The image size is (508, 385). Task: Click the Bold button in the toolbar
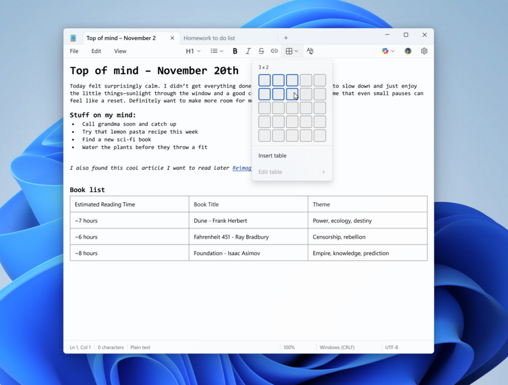235,51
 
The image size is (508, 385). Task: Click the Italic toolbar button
248,51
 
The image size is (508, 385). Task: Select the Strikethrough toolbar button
261,51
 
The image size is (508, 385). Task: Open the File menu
74,51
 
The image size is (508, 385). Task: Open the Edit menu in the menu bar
97,51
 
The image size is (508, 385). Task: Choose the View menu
120,51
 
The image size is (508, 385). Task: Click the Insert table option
273,156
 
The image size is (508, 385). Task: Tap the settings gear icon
424,51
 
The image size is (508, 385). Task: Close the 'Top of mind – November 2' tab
172,38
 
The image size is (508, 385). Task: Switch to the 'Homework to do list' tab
209,38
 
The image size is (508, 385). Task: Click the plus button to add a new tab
286,38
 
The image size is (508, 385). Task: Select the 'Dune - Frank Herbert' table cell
220,221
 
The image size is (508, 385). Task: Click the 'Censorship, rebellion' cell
339,237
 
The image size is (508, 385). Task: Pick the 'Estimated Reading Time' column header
105,204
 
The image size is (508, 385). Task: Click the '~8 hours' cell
86,253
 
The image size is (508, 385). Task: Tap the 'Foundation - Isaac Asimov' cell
227,253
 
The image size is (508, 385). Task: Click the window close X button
424,35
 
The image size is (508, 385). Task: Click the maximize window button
406,35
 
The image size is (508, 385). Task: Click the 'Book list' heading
87,190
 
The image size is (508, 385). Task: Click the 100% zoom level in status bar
289,348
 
